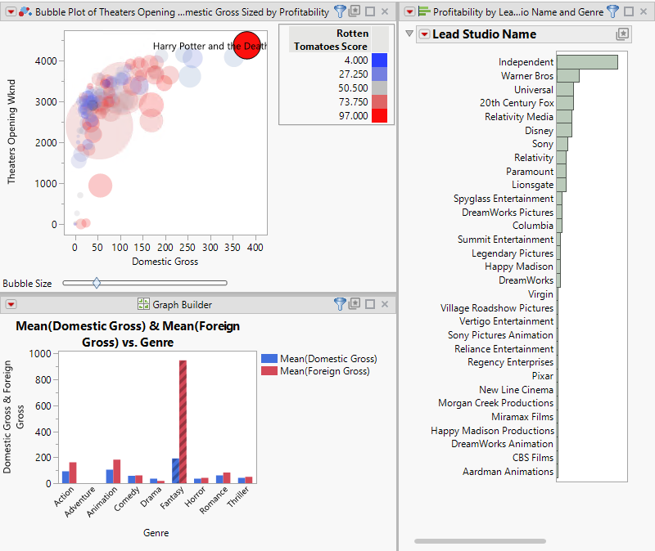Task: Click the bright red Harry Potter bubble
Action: (246, 45)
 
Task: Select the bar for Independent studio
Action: (586, 62)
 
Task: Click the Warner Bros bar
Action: (567, 76)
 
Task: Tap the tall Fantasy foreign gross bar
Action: (183, 421)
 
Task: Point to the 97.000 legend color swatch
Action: (379, 116)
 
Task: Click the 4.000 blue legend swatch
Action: (379, 60)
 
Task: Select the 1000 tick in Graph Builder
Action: (38, 354)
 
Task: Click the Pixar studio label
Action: (541, 376)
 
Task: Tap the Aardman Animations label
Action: (508, 472)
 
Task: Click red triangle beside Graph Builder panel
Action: (11, 305)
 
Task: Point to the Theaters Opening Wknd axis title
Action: (11, 144)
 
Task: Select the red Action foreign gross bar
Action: (73, 473)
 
